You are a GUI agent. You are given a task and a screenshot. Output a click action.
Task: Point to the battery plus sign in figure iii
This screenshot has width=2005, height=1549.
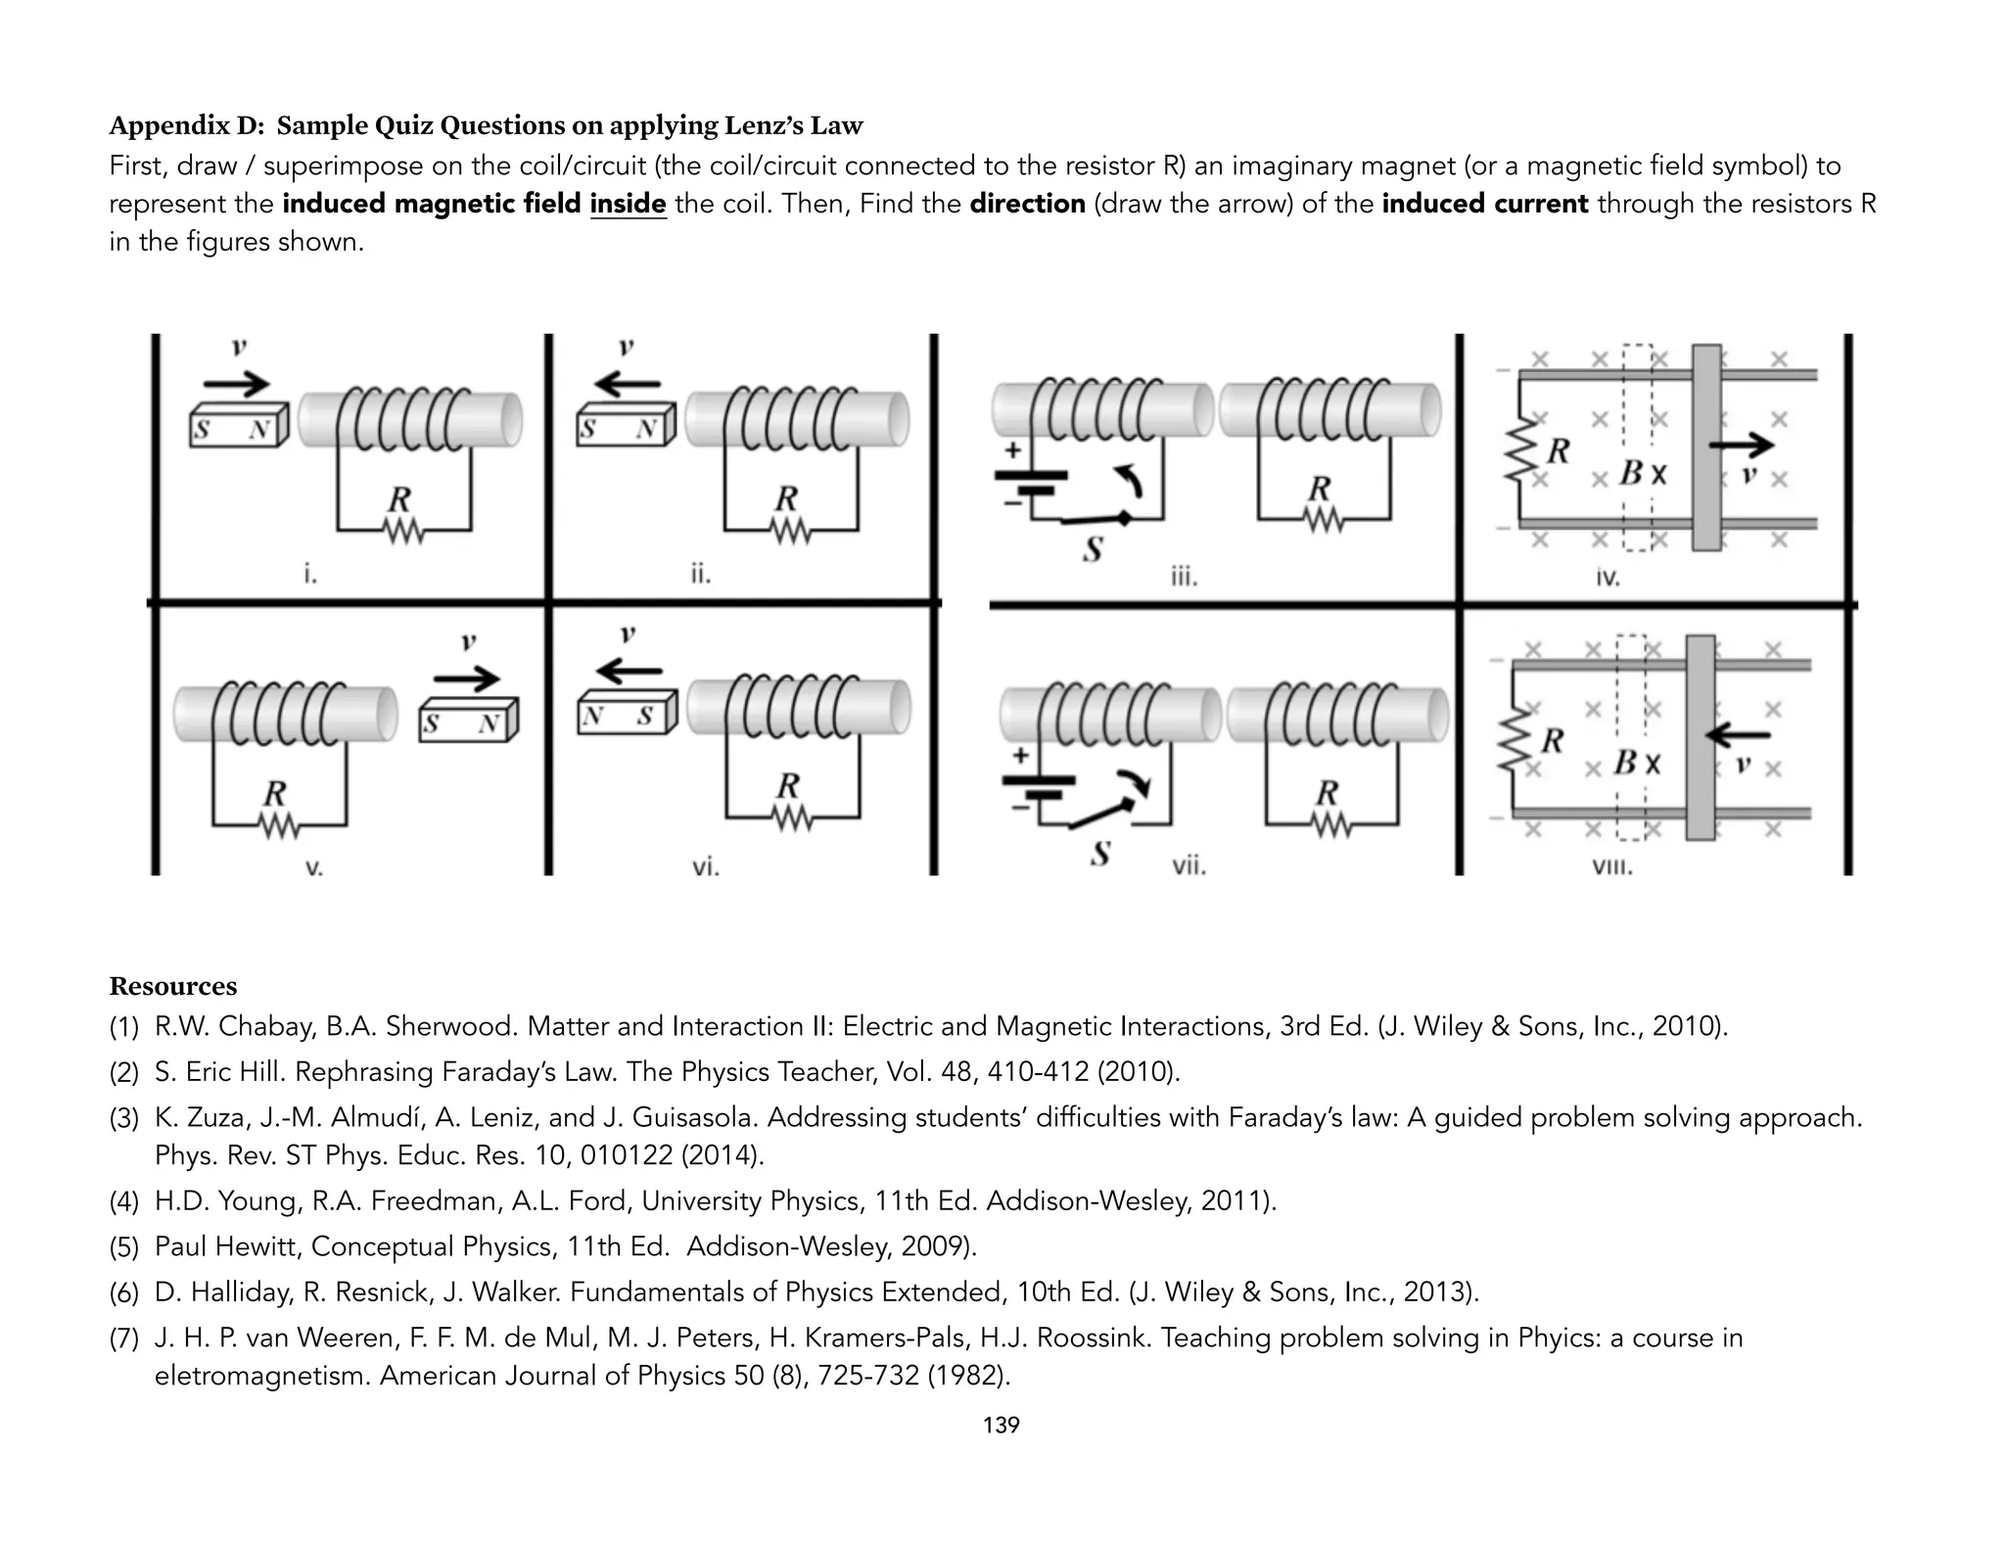(1013, 450)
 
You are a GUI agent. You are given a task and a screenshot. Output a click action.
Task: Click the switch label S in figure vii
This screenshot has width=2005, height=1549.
(1100, 854)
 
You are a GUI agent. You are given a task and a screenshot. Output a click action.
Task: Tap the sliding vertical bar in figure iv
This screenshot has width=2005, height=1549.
(1706, 447)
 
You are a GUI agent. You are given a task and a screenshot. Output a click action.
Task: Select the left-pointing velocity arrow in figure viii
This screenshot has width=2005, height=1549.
(1738, 734)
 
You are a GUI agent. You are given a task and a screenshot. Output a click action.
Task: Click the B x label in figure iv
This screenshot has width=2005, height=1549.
(1642, 474)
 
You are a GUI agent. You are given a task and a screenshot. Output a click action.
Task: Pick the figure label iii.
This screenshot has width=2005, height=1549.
(1184, 577)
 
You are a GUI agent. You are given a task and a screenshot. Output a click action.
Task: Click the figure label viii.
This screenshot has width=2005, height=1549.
(1612, 867)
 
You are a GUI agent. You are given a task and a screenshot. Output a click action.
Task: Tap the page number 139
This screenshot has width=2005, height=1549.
(1001, 1425)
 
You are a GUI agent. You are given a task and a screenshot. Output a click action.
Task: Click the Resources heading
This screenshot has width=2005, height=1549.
(173, 986)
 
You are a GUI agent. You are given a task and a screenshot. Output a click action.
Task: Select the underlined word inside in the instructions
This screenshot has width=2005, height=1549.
(628, 204)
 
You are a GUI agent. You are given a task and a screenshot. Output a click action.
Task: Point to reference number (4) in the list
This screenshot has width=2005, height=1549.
(124, 1200)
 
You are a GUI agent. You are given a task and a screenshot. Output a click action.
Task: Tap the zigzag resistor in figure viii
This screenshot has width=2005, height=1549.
(1515, 742)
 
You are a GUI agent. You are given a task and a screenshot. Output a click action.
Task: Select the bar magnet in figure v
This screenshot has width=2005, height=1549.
(467, 721)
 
